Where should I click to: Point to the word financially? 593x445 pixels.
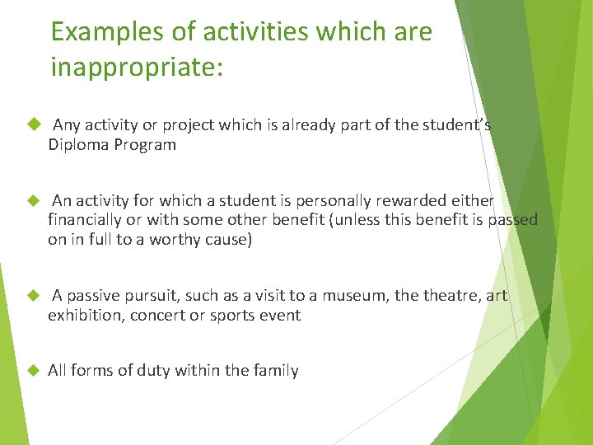(x=85, y=220)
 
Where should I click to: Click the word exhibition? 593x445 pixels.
(x=85, y=316)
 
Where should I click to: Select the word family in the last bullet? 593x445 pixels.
(x=275, y=371)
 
